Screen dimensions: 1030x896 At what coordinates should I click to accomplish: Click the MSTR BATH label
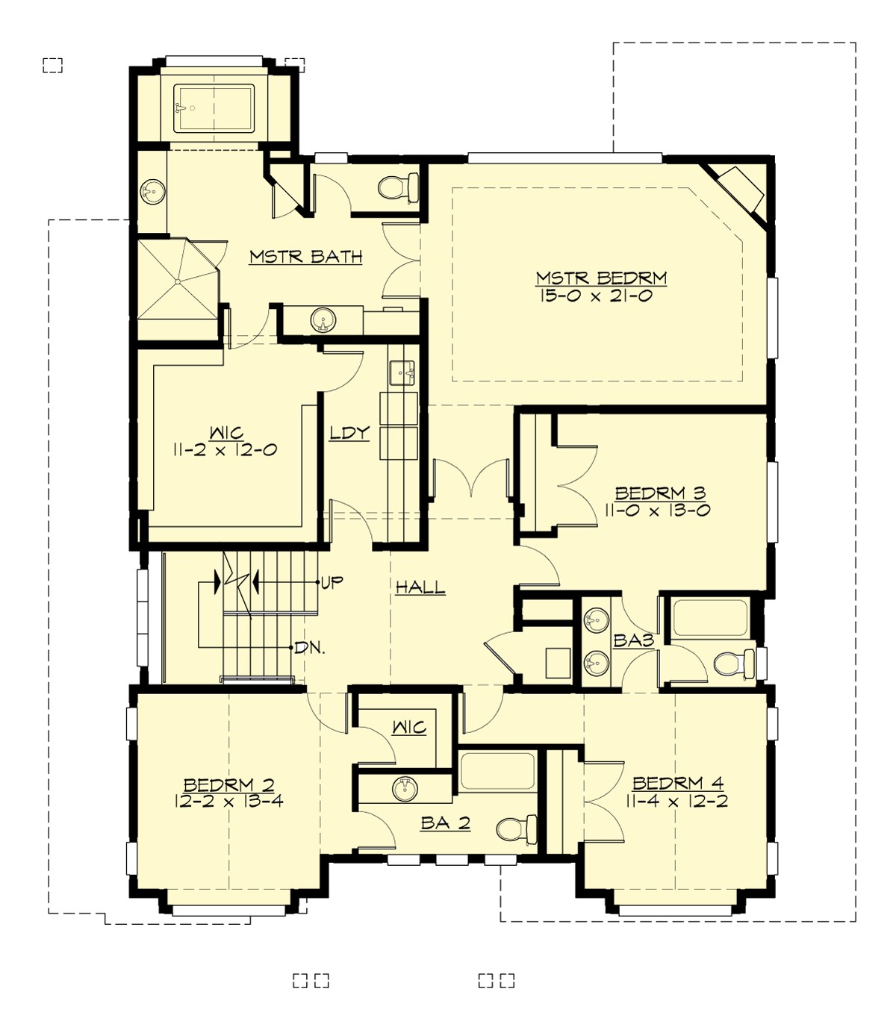click(305, 257)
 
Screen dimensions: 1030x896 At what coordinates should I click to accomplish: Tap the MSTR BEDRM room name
click(601, 278)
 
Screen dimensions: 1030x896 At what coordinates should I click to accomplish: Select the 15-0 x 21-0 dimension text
click(601, 296)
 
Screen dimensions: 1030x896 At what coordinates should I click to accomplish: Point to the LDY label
click(350, 433)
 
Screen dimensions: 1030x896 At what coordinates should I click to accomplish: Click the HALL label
click(420, 587)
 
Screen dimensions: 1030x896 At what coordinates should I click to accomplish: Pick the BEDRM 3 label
click(660, 493)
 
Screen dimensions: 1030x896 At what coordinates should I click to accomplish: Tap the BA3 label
click(634, 640)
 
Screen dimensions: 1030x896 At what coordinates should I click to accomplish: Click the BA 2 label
click(445, 823)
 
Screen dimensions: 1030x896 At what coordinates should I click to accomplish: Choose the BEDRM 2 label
click(229, 784)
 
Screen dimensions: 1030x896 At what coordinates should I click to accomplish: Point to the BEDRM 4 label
click(678, 783)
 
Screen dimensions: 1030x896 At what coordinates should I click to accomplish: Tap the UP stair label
click(332, 582)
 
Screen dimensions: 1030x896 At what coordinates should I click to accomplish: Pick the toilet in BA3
click(732, 663)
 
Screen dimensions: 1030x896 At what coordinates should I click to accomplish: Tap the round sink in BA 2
click(405, 788)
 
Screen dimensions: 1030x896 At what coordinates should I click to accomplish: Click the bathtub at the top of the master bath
click(214, 108)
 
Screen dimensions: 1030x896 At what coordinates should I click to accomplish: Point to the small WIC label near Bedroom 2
click(409, 727)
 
